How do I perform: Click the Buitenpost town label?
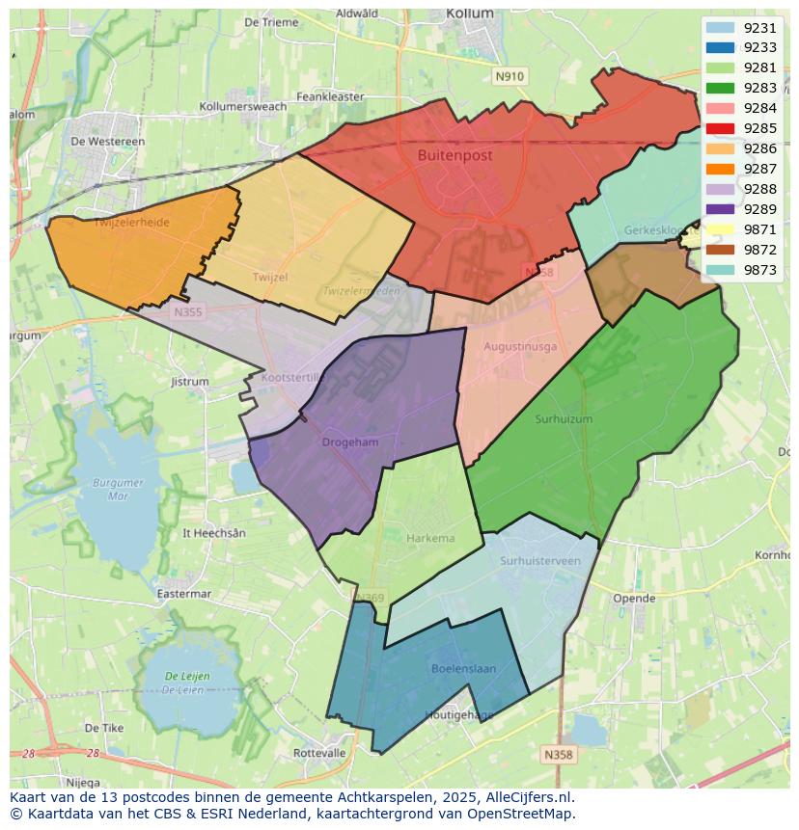(x=455, y=155)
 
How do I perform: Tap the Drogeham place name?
(x=350, y=442)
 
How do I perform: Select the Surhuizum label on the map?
(x=564, y=419)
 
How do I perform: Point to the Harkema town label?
(x=430, y=538)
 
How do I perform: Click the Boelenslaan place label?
(x=463, y=668)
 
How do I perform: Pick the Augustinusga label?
(x=520, y=346)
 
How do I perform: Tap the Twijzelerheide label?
(x=132, y=223)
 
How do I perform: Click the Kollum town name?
(x=470, y=13)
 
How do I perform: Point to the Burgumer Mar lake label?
(x=119, y=489)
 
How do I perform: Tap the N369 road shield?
(x=371, y=599)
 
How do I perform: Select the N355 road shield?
(x=188, y=312)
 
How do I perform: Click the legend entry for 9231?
(x=759, y=28)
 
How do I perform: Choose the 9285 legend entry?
(x=759, y=128)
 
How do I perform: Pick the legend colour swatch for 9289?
(x=720, y=209)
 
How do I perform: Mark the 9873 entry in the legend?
(x=759, y=270)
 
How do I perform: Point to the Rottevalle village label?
(x=319, y=753)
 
